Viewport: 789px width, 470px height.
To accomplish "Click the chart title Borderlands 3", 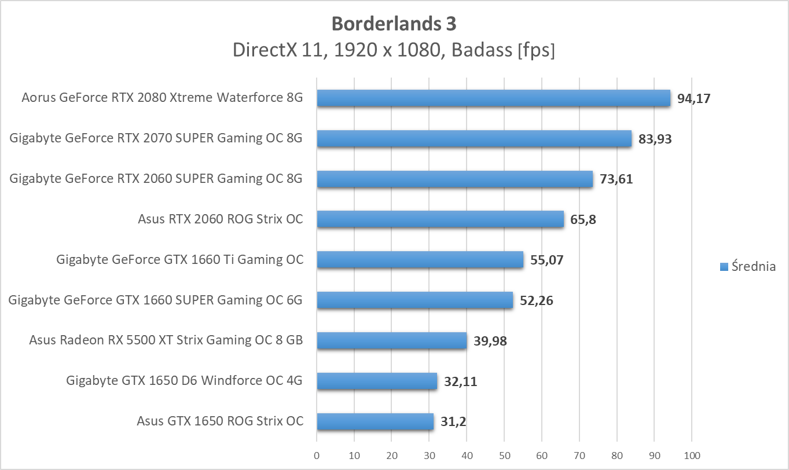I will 394,24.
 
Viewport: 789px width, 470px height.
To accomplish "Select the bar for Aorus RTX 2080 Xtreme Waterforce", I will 493,98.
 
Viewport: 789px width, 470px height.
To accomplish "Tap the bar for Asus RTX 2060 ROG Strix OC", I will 440,219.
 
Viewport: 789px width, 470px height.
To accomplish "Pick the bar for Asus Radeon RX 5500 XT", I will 391,340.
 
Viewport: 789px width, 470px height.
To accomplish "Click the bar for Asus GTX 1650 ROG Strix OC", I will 375,421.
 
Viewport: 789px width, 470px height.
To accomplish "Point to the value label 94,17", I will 693,98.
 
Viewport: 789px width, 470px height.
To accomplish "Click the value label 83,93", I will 655,139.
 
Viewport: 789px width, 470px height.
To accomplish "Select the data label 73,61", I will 616,179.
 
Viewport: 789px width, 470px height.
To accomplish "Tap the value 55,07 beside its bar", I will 546,260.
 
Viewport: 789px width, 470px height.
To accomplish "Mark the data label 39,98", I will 490,340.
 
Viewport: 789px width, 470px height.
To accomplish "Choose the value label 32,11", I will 461,381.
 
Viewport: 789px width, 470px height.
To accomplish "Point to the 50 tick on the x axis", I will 504,456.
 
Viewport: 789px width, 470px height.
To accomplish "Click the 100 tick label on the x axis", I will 692,456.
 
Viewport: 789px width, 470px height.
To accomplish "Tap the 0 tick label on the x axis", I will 317,456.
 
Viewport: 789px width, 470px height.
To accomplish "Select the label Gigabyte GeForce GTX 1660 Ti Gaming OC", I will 179,260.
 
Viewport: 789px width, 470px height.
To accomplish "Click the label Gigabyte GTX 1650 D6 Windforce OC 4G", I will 185,381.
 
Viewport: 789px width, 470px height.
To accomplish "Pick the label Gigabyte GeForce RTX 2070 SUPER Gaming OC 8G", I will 156,139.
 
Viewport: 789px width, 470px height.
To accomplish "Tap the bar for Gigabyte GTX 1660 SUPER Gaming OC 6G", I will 414,300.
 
